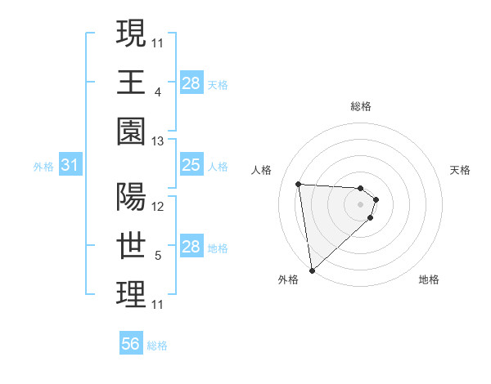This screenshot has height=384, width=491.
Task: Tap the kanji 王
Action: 131,83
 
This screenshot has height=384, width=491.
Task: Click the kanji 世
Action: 131,246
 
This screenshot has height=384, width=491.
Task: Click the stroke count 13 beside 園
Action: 158,141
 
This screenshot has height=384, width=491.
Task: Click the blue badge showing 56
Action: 131,344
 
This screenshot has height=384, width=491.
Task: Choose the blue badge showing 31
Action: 70,166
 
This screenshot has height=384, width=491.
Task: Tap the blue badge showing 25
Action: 191,166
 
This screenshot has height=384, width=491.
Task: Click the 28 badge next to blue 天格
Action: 191,83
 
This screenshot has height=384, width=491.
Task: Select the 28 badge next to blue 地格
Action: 191,247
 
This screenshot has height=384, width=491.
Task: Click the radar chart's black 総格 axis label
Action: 361,106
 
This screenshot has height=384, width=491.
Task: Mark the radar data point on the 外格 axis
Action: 312,270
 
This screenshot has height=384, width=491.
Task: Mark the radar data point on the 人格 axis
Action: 299,184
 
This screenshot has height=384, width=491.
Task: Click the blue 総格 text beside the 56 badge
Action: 157,346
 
